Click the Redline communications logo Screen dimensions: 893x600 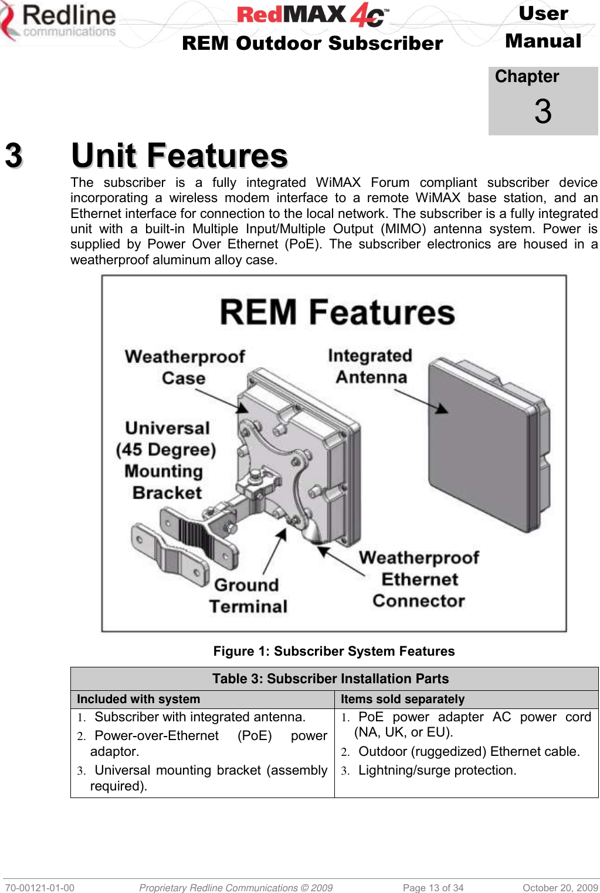(59, 22)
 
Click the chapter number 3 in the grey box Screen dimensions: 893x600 (543, 111)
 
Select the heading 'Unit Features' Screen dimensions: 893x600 (179, 156)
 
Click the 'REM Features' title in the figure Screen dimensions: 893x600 (337, 312)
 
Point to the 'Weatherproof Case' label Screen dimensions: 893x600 (184, 367)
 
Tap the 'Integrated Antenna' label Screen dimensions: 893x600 (371, 366)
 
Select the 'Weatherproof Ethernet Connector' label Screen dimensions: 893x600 (419, 579)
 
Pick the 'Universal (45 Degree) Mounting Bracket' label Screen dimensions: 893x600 (167, 461)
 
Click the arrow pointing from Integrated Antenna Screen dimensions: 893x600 (420, 401)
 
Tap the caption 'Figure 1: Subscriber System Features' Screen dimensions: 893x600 (334, 651)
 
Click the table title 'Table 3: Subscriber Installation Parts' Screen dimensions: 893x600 (330, 679)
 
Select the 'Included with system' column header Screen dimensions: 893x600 (138, 699)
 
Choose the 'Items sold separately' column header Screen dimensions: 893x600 (402, 699)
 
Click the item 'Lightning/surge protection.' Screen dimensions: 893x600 (437, 771)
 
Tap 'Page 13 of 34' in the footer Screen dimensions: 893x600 (433, 888)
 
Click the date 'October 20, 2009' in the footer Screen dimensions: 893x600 (560, 888)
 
